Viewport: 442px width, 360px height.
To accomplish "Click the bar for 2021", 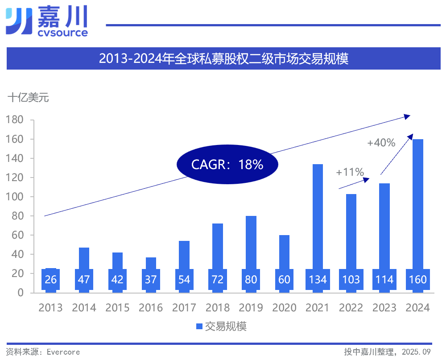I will click(x=318, y=214).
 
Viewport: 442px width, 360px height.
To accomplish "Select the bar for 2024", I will click(x=418, y=201).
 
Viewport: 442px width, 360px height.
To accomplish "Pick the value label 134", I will click(x=318, y=280).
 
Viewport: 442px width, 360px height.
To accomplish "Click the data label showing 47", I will click(x=84, y=280).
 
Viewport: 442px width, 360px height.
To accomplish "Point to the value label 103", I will click(x=351, y=280).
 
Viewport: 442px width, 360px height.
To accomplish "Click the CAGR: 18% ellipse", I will click(x=227, y=165).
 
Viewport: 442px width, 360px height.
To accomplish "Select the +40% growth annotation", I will click(x=381, y=143).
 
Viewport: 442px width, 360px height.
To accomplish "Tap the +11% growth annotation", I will click(x=350, y=172).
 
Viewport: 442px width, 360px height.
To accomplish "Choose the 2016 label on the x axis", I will click(x=151, y=308).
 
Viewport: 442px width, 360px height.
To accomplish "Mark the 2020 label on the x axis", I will click(x=284, y=308).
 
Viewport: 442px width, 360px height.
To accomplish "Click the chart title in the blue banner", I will click(x=223, y=59).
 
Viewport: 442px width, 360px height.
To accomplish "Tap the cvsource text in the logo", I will click(x=62, y=33).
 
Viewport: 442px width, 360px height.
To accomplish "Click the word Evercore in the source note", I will click(x=63, y=352).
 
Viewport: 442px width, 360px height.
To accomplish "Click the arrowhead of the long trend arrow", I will click(x=407, y=116).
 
